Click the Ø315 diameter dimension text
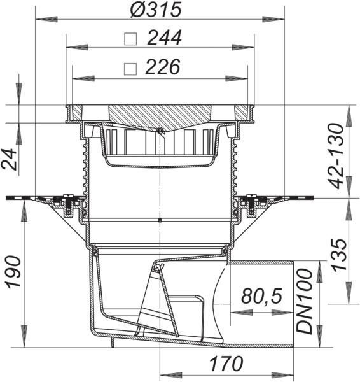click(x=156, y=10)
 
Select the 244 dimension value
click(x=165, y=38)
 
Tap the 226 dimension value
click(x=163, y=67)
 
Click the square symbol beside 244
click(x=130, y=39)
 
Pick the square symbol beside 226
click(x=130, y=69)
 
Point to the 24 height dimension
click(x=10, y=159)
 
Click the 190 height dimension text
click(x=13, y=272)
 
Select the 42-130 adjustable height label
click(x=335, y=156)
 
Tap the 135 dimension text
click(x=339, y=255)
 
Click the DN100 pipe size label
click(x=304, y=301)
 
